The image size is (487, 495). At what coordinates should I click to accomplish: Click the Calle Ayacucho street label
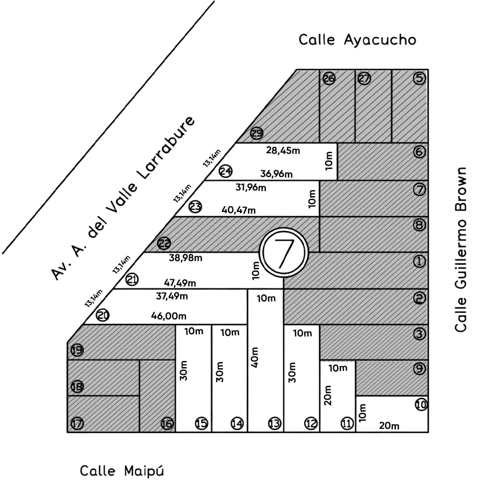(358, 40)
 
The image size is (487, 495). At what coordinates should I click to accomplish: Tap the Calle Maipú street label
(122, 471)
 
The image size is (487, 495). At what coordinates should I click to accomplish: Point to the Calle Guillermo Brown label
(461, 250)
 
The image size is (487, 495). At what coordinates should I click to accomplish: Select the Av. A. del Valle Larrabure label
(123, 198)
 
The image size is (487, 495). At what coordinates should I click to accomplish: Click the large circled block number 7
(284, 253)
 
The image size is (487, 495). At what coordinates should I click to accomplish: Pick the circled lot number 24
(225, 171)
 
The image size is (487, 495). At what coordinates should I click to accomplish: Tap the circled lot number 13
(275, 423)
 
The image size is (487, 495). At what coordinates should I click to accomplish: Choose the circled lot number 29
(257, 133)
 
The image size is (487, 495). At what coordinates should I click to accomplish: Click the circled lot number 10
(421, 404)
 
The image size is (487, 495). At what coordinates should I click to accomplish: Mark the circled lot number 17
(77, 423)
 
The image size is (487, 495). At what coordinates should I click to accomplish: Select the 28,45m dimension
(283, 150)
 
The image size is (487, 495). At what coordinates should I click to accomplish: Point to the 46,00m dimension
(169, 315)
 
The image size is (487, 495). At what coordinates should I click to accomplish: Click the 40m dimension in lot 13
(255, 357)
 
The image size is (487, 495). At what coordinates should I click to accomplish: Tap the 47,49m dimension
(180, 283)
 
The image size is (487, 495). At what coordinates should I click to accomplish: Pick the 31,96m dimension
(251, 187)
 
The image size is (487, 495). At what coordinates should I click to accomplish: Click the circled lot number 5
(420, 78)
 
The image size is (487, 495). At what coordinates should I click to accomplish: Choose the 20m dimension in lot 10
(389, 426)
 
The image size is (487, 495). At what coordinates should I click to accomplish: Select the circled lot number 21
(132, 280)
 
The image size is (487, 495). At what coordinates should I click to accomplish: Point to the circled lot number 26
(329, 78)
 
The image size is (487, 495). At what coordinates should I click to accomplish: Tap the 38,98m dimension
(186, 258)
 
